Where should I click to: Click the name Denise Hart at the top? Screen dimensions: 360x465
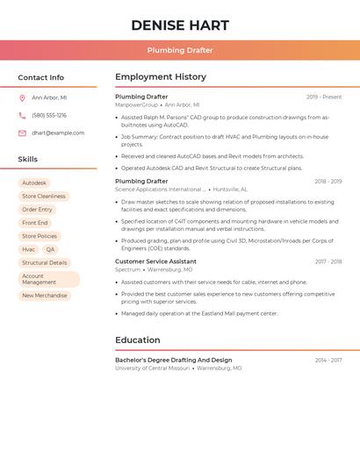pyautogui.click(x=180, y=25)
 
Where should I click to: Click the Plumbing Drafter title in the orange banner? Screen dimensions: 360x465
pyautogui.click(x=180, y=50)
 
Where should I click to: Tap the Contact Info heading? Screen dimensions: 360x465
pyautogui.click(x=41, y=77)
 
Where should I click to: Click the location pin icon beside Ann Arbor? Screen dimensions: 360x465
pyautogui.click(x=22, y=97)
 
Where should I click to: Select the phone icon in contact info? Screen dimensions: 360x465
pyautogui.click(x=22, y=115)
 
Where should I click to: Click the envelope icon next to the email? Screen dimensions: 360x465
pyautogui.click(x=22, y=133)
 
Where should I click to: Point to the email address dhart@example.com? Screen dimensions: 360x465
pyautogui.click(x=58, y=133)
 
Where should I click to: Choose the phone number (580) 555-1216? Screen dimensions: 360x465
pyautogui.click(x=49, y=115)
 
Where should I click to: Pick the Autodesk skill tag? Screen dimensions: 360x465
pyautogui.click(x=34, y=183)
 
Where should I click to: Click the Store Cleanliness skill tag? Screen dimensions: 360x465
pyautogui.click(x=44, y=197)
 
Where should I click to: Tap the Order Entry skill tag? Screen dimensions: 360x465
pyautogui.click(x=37, y=210)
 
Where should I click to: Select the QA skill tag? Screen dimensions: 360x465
pyautogui.click(x=50, y=249)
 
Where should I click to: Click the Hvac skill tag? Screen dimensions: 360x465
pyautogui.click(x=29, y=249)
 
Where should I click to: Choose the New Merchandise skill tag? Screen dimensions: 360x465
pyautogui.click(x=44, y=296)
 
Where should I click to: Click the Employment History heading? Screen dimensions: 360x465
pyautogui.click(x=161, y=77)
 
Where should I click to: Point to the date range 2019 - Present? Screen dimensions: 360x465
pyautogui.click(x=324, y=97)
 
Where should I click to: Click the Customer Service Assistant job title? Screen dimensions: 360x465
pyautogui.click(x=155, y=261)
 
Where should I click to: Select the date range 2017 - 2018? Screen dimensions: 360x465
pyautogui.click(x=328, y=261)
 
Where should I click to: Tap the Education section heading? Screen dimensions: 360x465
pyautogui.click(x=138, y=340)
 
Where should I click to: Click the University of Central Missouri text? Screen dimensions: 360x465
pyautogui.click(x=153, y=368)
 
